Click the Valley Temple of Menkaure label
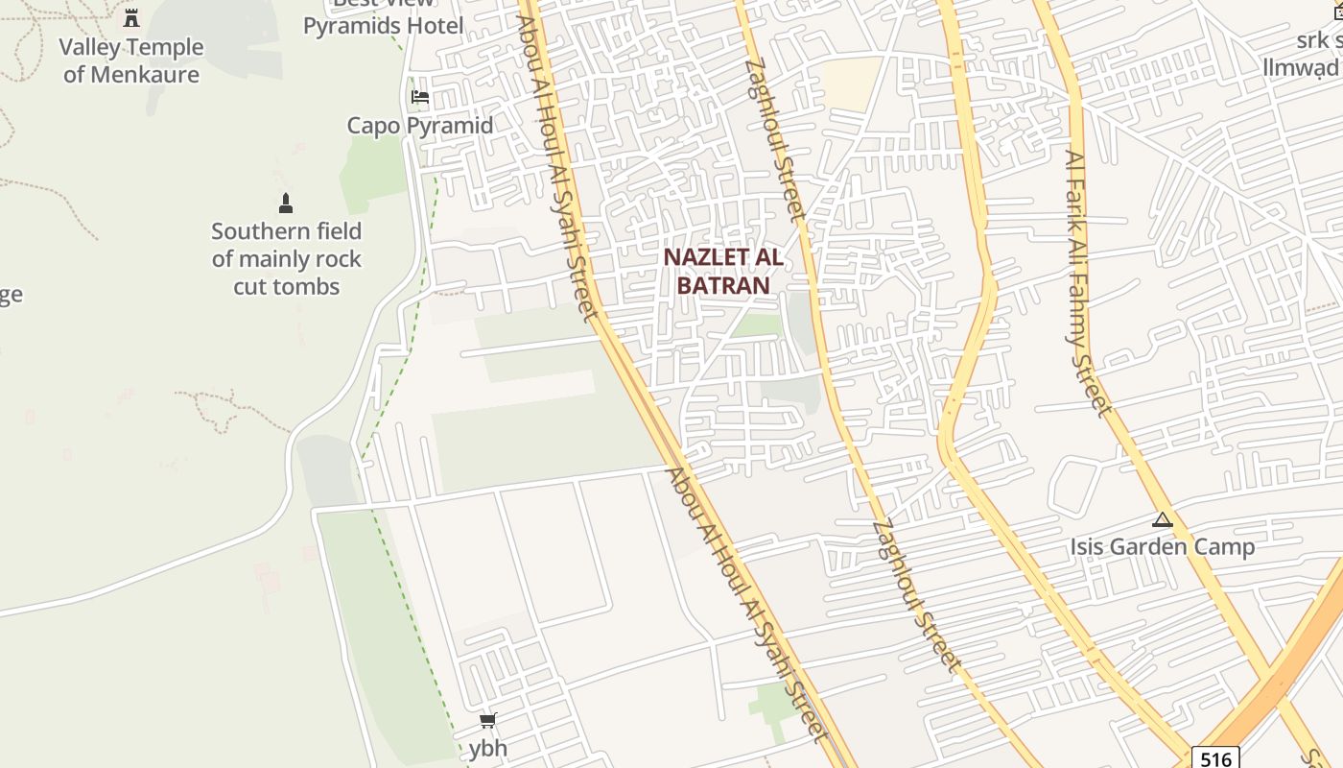coord(131,60)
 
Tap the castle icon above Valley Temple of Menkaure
coord(131,18)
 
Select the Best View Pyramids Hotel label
coord(384,19)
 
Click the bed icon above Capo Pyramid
coord(419,96)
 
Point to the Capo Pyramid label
coord(420,126)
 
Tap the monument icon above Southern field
coord(285,204)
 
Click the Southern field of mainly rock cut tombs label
coord(287,258)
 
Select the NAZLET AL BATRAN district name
coord(723,272)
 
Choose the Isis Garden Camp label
coord(1163,547)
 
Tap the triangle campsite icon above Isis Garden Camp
coord(1163,520)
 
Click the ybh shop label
coord(488,748)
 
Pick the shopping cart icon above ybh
coord(488,720)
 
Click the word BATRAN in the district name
coord(723,286)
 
